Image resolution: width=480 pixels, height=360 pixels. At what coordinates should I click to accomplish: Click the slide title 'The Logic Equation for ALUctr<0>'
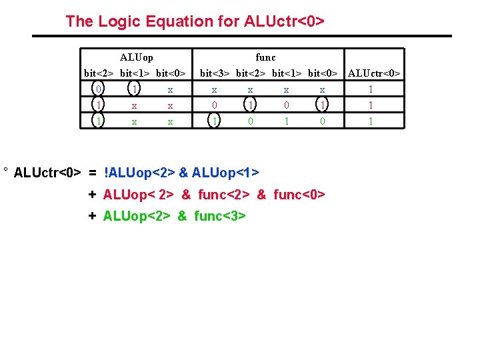point(195,21)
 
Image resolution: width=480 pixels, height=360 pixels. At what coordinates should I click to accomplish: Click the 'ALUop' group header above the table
point(136,57)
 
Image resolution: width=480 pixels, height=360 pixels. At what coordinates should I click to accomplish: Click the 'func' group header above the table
point(265,57)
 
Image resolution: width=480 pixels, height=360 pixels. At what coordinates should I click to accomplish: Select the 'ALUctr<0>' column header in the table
point(375,73)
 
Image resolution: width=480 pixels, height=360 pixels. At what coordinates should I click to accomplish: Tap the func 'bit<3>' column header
point(214,73)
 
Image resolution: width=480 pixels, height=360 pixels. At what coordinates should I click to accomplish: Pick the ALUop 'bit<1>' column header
point(134,73)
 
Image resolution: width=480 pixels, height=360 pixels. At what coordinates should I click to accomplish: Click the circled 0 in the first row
point(99,89)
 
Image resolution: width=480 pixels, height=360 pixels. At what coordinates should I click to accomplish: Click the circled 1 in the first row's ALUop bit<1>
point(135,89)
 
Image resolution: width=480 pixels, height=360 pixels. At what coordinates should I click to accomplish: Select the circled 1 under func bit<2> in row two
point(250,105)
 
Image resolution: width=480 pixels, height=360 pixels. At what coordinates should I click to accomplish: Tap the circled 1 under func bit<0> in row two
point(322,105)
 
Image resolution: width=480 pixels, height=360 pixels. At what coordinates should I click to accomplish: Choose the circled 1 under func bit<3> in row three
point(214,121)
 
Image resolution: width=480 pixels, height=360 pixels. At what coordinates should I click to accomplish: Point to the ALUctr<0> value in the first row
point(371,89)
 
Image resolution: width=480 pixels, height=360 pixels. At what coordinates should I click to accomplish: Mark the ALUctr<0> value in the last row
point(371,121)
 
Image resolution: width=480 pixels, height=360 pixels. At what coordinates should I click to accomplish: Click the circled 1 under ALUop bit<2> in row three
point(99,121)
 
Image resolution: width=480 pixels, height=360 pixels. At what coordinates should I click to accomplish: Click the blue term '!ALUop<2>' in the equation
point(139,173)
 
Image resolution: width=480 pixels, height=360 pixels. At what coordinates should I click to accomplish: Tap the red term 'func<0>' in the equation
point(299,195)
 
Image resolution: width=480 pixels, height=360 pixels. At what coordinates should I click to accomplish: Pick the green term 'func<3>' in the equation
point(221,216)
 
